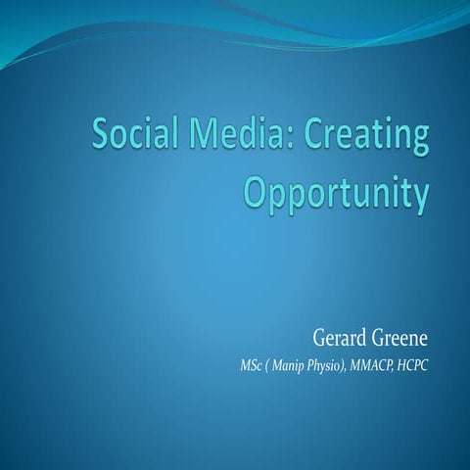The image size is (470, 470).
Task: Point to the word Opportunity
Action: point(336,191)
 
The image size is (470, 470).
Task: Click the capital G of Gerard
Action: point(318,340)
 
